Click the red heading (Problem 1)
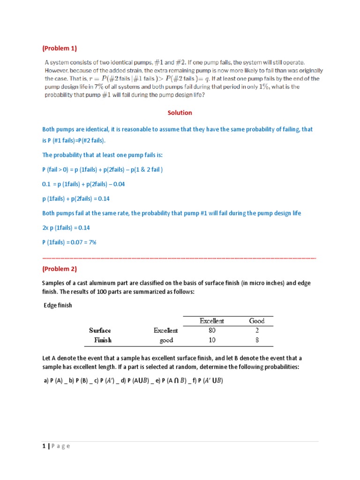tap(60, 48)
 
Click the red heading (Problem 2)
tap(60, 269)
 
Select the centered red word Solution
tap(180, 112)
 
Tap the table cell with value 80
tap(212, 330)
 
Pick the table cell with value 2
tap(257, 330)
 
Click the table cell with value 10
tap(212, 340)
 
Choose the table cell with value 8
tap(257, 340)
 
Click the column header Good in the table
tap(257, 321)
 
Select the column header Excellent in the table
tap(212, 321)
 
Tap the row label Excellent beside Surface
tap(166, 330)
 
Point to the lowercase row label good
tap(166, 340)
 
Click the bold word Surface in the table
tap(100, 330)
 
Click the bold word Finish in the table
tap(103, 340)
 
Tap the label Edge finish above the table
tap(59, 306)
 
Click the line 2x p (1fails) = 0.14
tap(66, 228)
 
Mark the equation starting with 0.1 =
tap(83, 184)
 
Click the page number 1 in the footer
tap(44, 446)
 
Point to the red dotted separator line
tap(179, 258)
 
